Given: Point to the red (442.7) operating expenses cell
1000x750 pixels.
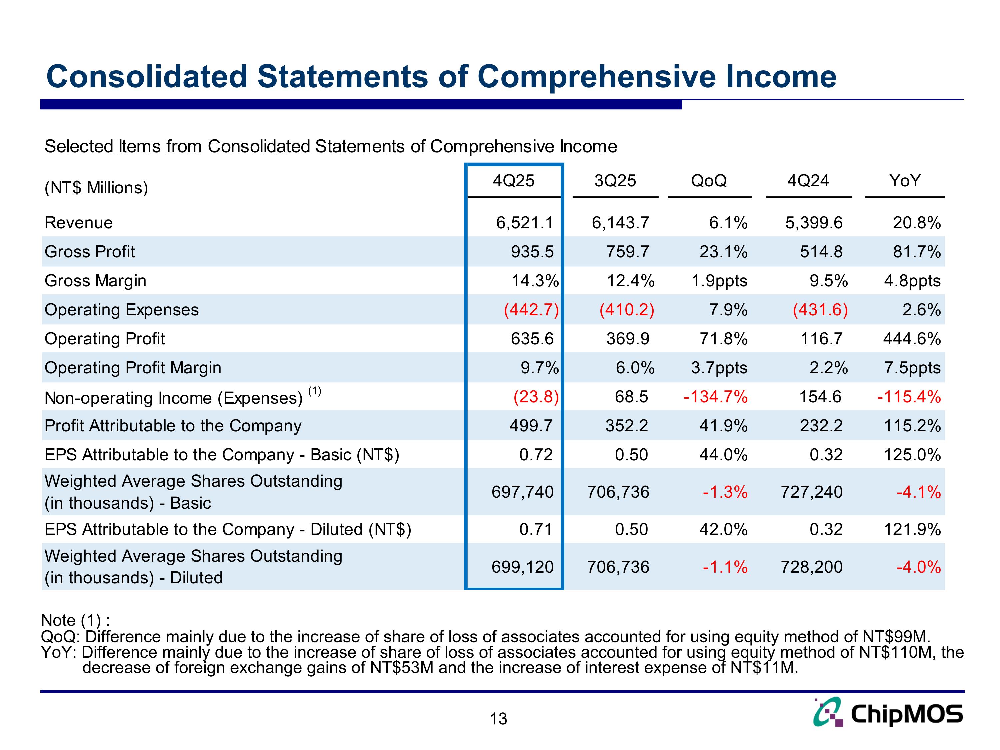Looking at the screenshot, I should [531, 310].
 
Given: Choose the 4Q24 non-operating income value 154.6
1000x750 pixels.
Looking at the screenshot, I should [820, 397].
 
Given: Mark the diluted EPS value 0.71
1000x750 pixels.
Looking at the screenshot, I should [536, 529].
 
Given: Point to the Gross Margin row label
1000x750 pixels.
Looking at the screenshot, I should [95, 281].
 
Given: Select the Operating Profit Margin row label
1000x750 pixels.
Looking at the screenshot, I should [133, 368].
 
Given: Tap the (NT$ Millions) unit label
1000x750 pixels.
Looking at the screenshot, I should [96, 188].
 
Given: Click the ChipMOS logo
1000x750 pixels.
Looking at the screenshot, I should [888, 713].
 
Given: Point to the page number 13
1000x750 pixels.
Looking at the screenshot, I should [499, 719].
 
